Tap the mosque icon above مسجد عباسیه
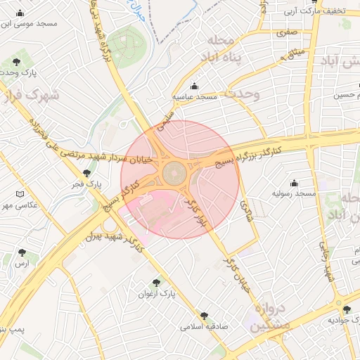coord(194,86)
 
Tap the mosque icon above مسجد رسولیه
coord(294,184)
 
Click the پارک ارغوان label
coord(156,292)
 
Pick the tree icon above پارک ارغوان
coord(156,283)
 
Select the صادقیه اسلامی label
coord(203,327)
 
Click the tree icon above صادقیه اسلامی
coord(204,316)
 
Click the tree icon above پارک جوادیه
coord(346,310)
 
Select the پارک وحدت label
coord(17,72)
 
